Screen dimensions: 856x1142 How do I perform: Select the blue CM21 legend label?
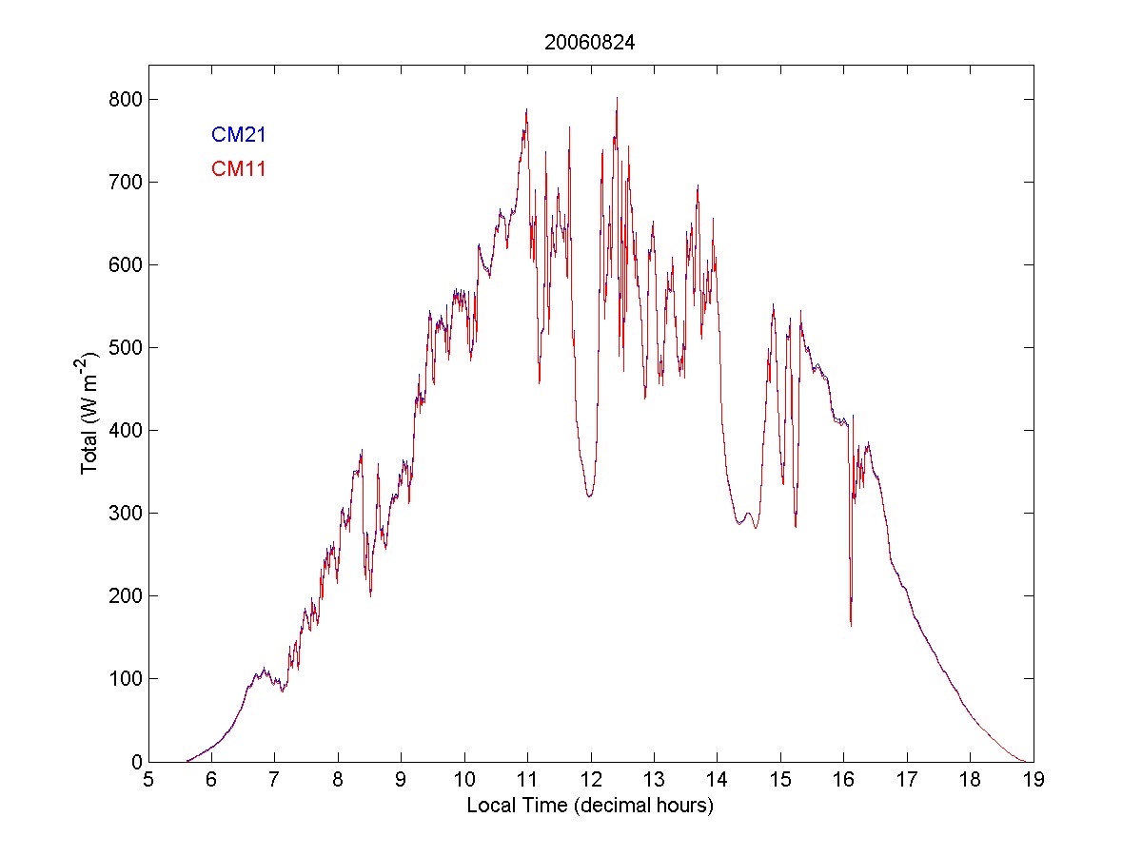238,135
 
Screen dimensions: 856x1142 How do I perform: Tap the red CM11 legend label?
238,169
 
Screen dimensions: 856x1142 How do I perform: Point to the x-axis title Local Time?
590,806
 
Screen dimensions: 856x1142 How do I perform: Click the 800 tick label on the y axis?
125,99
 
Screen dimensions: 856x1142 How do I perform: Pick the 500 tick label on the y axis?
125,347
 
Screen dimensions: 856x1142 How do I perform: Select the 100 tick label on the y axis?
125,678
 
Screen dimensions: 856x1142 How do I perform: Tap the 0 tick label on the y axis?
135,761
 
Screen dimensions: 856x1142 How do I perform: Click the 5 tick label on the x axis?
148,780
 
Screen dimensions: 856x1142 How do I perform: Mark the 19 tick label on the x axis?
1033,780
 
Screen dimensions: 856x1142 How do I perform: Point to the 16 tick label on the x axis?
843,780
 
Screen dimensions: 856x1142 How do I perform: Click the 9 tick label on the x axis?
401,780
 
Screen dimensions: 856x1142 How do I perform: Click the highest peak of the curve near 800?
617,98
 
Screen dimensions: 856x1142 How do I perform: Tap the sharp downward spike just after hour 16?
851,623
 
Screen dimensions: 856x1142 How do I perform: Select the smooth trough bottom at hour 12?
590,496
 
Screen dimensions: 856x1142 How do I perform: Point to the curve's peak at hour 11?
526,110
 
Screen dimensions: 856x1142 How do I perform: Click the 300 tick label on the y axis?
125,513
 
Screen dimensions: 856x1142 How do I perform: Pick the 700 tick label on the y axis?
125,182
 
